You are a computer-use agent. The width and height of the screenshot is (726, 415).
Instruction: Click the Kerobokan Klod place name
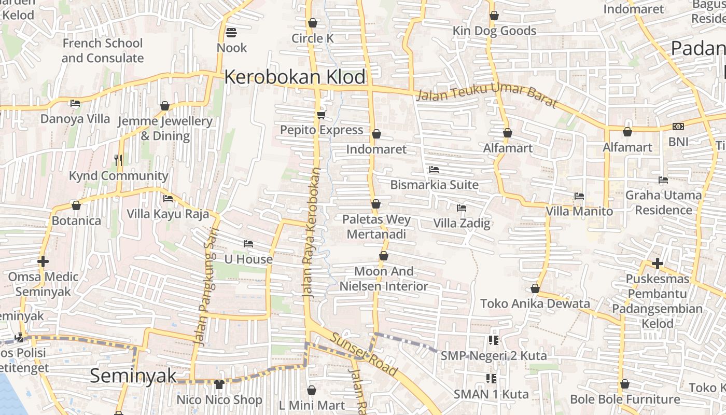tap(295, 77)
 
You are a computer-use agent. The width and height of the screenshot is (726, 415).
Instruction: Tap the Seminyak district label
tap(133, 376)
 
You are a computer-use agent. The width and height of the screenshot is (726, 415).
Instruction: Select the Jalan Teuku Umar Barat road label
tap(486, 97)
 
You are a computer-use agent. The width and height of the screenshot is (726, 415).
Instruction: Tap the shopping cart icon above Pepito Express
tap(321, 115)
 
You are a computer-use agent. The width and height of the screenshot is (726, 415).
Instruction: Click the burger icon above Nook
tap(231, 33)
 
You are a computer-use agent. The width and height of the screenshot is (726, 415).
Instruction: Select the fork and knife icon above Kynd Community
tap(118, 160)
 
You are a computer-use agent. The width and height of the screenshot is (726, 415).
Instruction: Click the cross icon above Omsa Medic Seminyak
tap(43, 261)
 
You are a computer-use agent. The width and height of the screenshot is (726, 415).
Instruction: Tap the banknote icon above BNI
tap(678, 127)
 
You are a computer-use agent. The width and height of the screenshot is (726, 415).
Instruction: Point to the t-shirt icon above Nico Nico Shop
tap(219, 384)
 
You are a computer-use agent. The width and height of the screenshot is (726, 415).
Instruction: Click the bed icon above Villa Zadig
tap(461, 208)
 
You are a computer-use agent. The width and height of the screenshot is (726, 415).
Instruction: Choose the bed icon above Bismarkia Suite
tap(434, 169)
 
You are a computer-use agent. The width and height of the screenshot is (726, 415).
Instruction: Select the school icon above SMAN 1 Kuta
tap(491, 379)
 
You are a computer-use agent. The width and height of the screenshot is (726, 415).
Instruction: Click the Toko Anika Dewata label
tap(535, 303)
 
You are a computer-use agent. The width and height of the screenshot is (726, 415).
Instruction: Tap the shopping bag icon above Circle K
tap(312, 23)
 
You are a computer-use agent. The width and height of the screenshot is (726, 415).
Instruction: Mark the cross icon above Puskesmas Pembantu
tap(657, 264)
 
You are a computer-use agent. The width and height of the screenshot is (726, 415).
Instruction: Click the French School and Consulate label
tap(103, 50)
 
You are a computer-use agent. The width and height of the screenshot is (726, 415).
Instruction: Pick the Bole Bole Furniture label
tap(625, 399)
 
